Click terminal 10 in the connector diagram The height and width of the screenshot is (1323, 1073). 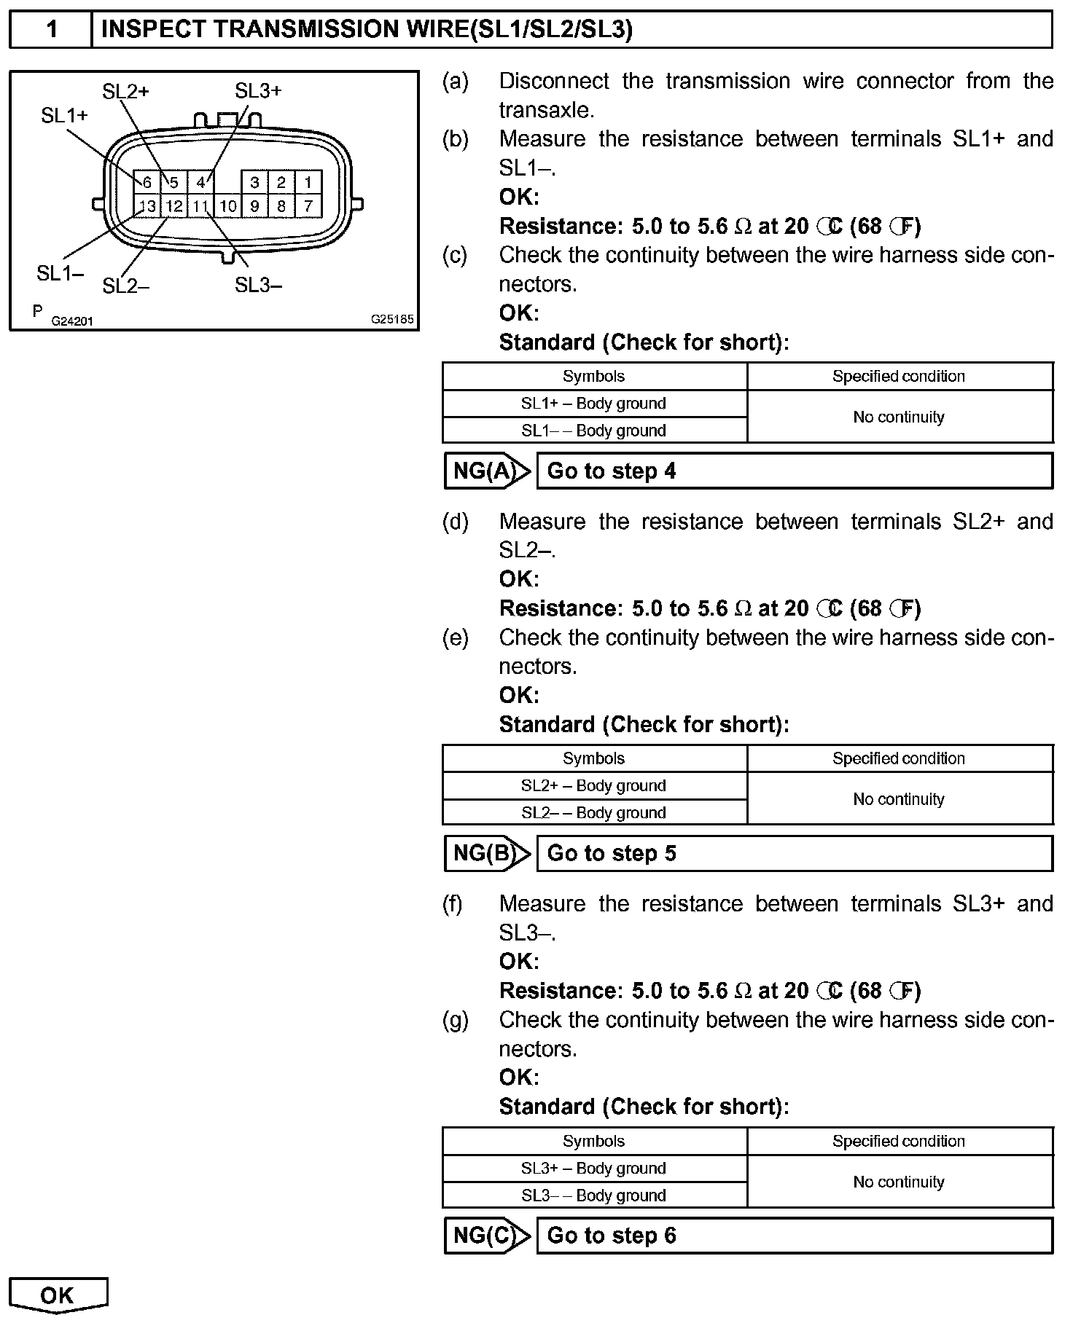click(x=228, y=206)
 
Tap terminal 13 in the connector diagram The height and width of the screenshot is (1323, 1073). click(x=147, y=206)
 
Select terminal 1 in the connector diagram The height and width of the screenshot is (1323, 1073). click(x=308, y=182)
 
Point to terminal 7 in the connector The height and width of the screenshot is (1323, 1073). click(x=308, y=206)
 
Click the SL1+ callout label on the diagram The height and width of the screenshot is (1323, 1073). click(x=64, y=115)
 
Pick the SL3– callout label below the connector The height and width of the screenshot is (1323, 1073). click(x=258, y=286)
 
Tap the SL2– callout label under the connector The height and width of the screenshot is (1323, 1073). click(x=125, y=286)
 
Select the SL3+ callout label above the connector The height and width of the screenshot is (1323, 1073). click(x=258, y=91)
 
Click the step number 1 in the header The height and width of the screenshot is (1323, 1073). click(x=51, y=30)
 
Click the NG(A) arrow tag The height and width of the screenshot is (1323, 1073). click(x=486, y=471)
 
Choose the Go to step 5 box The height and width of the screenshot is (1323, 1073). click(x=795, y=853)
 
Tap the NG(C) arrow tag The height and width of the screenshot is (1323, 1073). click(x=486, y=1236)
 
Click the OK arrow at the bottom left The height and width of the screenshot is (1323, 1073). click(x=58, y=1295)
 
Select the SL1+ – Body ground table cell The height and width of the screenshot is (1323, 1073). click(x=593, y=404)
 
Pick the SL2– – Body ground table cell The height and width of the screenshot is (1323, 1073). click(x=593, y=813)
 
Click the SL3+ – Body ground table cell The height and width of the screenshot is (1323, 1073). click(x=593, y=1169)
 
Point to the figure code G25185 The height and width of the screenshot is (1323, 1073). click(x=392, y=319)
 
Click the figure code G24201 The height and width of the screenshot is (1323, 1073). click(x=72, y=321)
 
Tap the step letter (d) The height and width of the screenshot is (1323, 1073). click(x=456, y=522)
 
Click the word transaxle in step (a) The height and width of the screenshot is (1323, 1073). click(x=545, y=110)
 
